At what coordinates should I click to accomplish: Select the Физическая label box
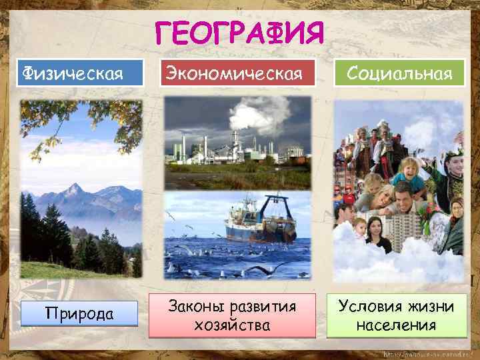79,72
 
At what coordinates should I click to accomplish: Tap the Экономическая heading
238,73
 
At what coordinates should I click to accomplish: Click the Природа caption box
79,313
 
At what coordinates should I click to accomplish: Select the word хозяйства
232,325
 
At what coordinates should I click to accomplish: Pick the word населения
396,325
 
